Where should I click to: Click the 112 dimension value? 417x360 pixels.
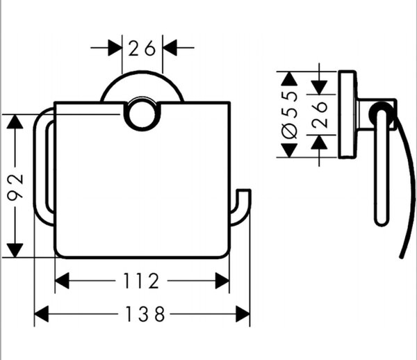[x=141, y=281]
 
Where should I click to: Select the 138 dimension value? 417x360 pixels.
[x=145, y=314]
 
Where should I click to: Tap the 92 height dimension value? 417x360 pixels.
[x=15, y=186]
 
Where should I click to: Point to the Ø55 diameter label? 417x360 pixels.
[x=289, y=115]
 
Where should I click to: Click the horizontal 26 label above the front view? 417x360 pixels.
[x=142, y=48]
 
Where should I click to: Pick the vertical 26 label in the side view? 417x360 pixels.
[x=320, y=115]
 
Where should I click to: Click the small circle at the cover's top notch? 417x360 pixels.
[x=142, y=115]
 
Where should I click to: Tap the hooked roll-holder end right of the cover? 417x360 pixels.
[x=240, y=208]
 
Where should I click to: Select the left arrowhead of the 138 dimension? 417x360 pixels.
[x=42, y=314]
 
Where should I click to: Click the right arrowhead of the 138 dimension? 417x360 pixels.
[x=243, y=314]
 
